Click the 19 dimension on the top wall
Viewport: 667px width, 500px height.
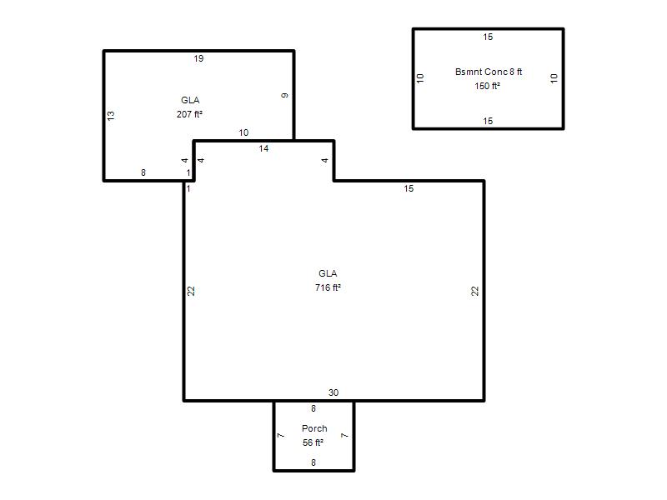pyautogui.click(x=198, y=58)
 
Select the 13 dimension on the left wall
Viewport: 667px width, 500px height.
pyautogui.click(x=111, y=115)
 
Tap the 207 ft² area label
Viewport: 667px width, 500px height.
pyautogui.click(x=189, y=114)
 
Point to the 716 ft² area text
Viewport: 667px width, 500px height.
pyautogui.click(x=328, y=287)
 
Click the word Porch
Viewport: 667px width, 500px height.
pyautogui.click(x=314, y=428)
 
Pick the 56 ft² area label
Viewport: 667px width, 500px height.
pyautogui.click(x=313, y=442)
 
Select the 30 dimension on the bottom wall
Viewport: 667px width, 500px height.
pyautogui.click(x=333, y=392)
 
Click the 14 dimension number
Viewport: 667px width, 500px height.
pyautogui.click(x=263, y=148)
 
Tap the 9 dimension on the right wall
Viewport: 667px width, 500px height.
pyautogui.click(x=285, y=95)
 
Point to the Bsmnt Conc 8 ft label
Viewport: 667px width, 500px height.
pyautogui.click(x=489, y=72)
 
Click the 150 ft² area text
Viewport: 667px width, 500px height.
pyautogui.click(x=488, y=86)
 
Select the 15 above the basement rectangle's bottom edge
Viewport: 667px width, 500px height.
pyautogui.click(x=488, y=121)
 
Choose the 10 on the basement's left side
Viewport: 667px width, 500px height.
pyautogui.click(x=420, y=78)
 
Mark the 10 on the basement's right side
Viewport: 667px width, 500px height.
pyautogui.click(x=554, y=78)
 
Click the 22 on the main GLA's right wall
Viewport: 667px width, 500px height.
pyautogui.click(x=475, y=291)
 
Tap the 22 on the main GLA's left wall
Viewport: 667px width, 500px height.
pyautogui.click(x=191, y=291)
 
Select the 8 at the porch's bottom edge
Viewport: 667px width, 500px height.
pyautogui.click(x=313, y=462)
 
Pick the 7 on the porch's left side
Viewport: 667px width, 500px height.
pyautogui.click(x=281, y=435)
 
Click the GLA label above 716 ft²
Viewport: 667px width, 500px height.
pyautogui.click(x=328, y=273)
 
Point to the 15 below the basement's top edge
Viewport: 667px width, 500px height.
pyautogui.click(x=488, y=37)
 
